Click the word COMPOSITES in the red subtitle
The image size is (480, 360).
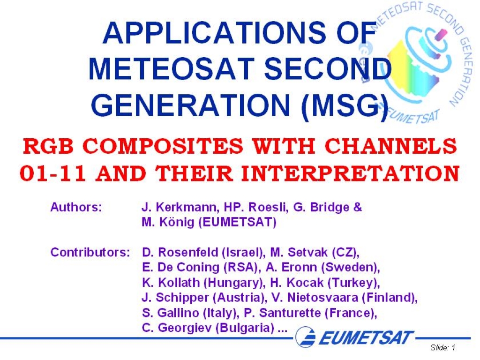coord(163,146)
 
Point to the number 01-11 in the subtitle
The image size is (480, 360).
coord(52,173)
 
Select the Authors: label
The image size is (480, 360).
coord(76,207)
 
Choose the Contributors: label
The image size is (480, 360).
coord(90,253)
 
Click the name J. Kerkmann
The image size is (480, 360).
coord(180,207)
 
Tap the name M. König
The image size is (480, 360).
coord(168,222)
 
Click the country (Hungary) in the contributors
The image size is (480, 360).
coord(234,283)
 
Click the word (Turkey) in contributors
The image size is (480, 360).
coord(354,283)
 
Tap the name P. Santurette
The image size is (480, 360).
coord(282,313)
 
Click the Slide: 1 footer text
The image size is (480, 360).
coord(443,347)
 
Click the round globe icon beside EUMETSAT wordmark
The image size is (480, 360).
coord(306,337)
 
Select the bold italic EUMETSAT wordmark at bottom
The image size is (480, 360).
coord(366,337)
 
